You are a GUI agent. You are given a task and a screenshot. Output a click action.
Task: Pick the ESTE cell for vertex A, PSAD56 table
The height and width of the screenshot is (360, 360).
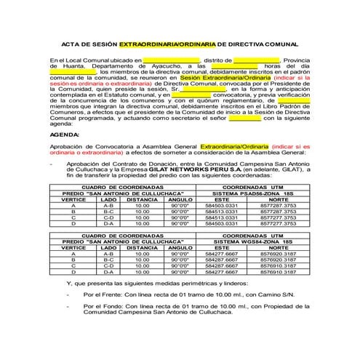(223, 206)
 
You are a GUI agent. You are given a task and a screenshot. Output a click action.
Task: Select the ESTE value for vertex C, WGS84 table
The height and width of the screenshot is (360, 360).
(222, 265)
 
